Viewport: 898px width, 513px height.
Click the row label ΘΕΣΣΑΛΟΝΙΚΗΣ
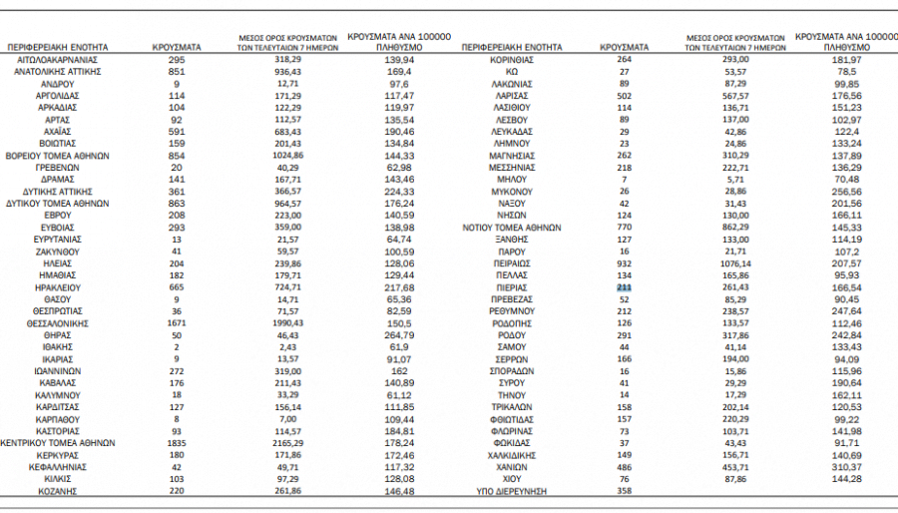58,323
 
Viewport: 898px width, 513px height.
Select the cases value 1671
177,323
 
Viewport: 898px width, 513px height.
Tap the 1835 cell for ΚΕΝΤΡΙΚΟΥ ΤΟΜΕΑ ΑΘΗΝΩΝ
177,442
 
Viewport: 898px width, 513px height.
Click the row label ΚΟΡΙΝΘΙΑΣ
512,59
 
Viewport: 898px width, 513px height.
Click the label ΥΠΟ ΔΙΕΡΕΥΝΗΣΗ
512,490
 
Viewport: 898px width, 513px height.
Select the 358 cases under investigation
625,490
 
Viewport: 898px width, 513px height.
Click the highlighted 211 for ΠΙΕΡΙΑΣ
625,287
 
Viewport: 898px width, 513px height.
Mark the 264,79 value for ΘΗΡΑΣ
396,335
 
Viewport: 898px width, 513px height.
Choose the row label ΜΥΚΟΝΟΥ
512,192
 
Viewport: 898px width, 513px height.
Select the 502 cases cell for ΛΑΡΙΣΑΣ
625,96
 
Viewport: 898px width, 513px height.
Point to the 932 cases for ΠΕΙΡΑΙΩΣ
625,263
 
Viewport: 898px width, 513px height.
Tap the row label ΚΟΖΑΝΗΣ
58,490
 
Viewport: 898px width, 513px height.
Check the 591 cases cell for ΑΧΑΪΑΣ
177,132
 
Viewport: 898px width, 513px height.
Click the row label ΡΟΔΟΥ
512,335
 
